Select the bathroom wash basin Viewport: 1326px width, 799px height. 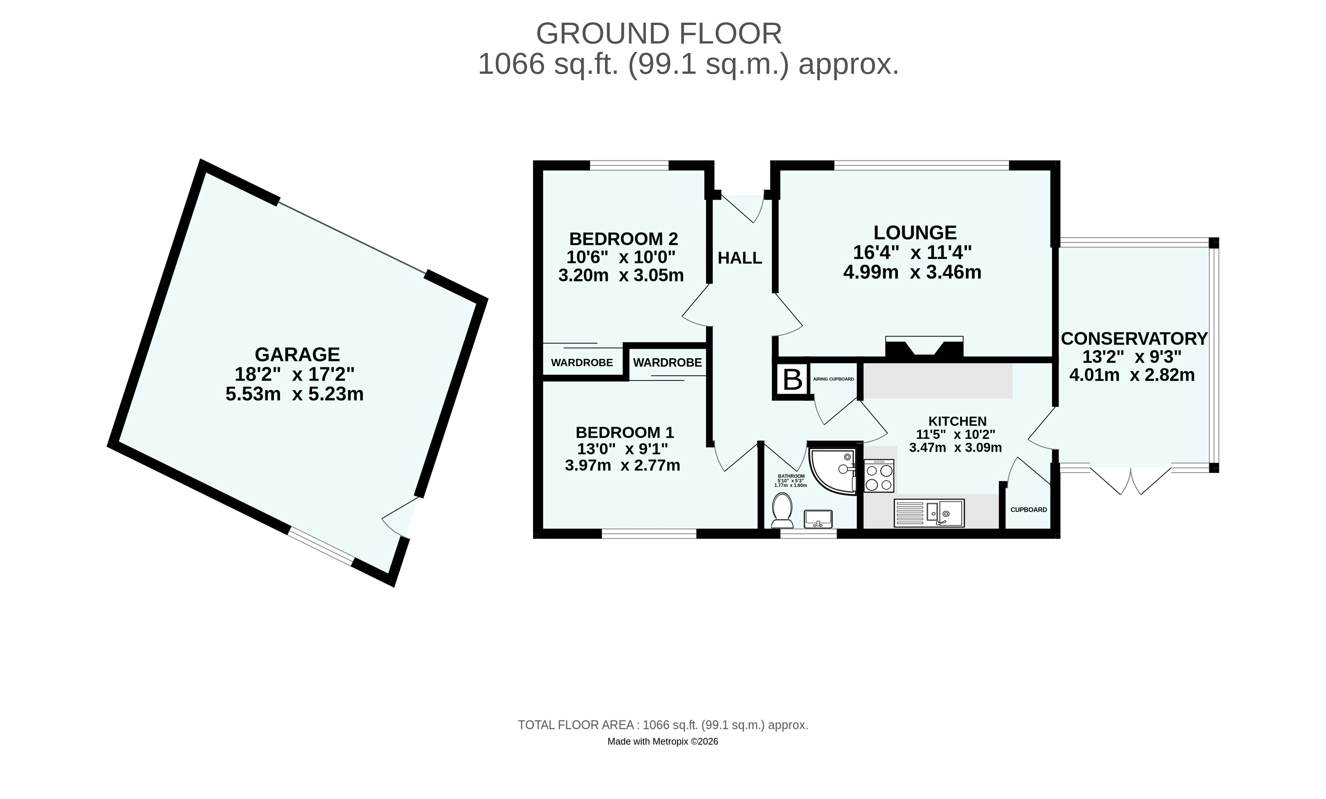pyautogui.click(x=818, y=519)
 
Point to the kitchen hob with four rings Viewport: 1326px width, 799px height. pyautogui.click(x=879, y=476)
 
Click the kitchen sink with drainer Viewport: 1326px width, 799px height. pyautogui.click(x=929, y=513)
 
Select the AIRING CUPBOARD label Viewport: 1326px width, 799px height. pyautogui.click(x=833, y=379)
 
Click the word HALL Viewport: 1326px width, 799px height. pyautogui.click(x=740, y=258)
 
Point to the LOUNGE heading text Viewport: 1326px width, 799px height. pyautogui.click(x=915, y=233)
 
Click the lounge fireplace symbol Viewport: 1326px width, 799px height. pyautogui.click(x=924, y=347)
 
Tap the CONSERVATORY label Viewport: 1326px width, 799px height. pyautogui.click(x=1134, y=339)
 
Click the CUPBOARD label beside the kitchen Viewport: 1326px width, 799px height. pyautogui.click(x=1028, y=510)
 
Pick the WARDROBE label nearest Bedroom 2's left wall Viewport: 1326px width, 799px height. pyautogui.click(x=582, y=363)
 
